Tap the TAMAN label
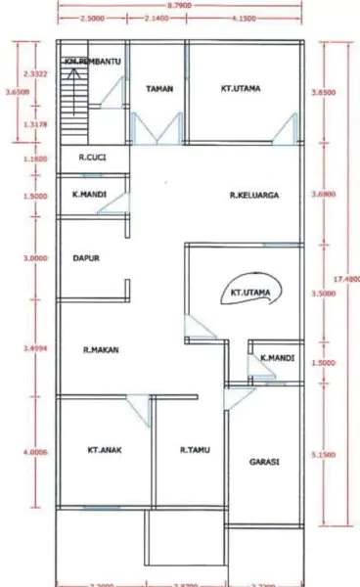tap(159, 89)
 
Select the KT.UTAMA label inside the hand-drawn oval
tap(248, 292)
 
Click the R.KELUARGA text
tap(254, 196)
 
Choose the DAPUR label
tap(88, 259)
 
